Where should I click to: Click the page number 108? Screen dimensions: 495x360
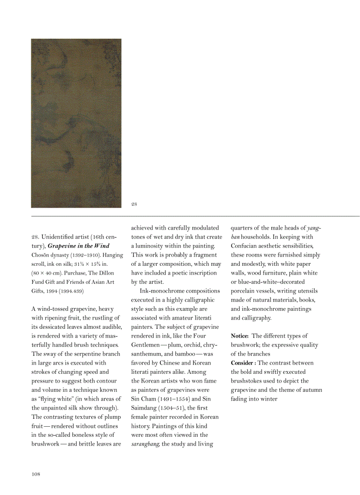(x=36, y=474)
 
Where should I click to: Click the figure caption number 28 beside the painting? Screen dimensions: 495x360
(x=134, y=204)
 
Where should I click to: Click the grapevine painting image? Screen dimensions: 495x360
(x=76, y=123)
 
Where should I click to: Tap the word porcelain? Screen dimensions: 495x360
(x=245, y=291)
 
